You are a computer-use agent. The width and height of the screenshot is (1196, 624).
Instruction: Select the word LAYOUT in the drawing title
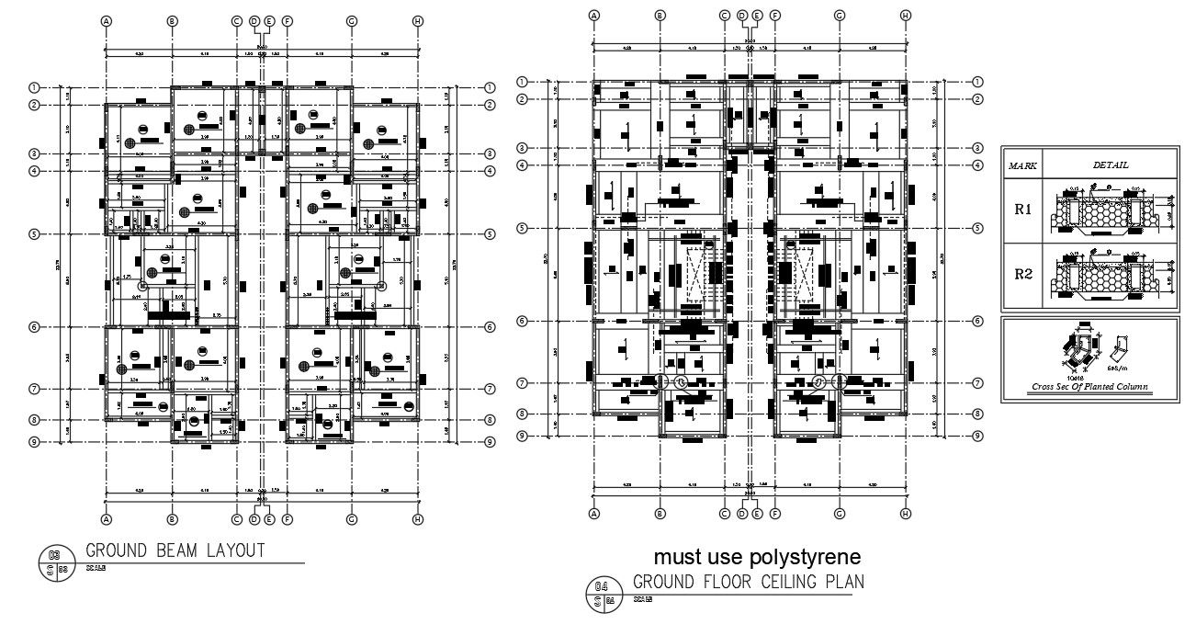[235, 550]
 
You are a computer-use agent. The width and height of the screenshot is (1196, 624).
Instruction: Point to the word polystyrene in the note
[806, 557]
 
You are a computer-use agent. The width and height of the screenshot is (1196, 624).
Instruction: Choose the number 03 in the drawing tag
[54, 554]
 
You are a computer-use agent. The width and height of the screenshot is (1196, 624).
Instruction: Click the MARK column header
[1022, 165]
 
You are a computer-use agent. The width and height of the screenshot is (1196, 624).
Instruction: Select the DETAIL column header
[1111, 165]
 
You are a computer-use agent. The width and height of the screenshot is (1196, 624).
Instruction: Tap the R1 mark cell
[1022, 210]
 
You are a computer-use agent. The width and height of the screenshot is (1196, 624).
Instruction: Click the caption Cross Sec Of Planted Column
[1089, 387]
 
